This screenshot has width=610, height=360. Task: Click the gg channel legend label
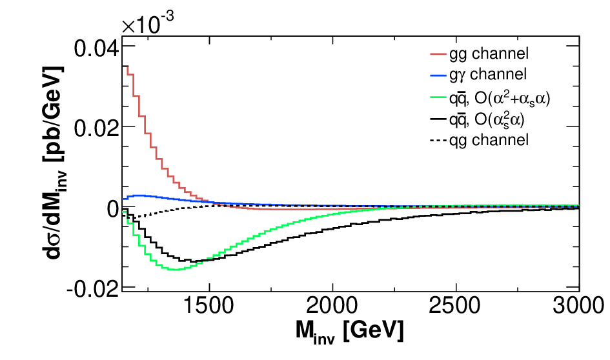[x=489, y=54]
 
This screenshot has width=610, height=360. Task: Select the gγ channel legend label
[x=488, y=74]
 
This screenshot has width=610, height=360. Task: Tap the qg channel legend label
[x=489, y=140]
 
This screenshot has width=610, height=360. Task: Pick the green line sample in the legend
[x=438, y=97]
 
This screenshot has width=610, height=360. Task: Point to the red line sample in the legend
[x=438, y=54]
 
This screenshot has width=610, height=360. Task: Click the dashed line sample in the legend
[x=438, y=140]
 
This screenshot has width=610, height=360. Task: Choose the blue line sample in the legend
[x=438, y=75]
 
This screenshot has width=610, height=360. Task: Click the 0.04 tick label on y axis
[x=96, y=49]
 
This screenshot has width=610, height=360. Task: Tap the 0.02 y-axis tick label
[x=96, y=128]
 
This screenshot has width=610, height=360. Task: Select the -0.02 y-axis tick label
[x=92, y=288]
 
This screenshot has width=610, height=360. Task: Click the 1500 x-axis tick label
[x=208, y=306]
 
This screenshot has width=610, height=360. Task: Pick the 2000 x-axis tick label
[x=332, y=306]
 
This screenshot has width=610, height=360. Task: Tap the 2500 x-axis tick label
[x=454, y=306]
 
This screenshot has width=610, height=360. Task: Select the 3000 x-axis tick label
[x=578, y=306]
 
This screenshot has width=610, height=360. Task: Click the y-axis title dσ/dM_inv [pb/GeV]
[x=54, y=163]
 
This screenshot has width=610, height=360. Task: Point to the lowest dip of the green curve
[x=176, y=270]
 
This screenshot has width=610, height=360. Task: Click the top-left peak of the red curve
[x=125, y=66]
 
